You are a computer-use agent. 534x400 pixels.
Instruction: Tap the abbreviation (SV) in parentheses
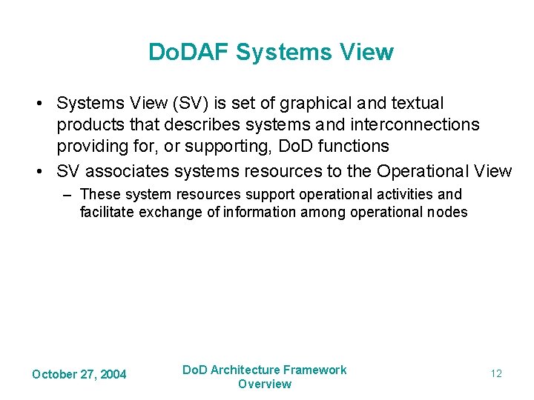point(191,103)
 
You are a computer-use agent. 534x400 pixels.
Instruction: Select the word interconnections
point(406,124)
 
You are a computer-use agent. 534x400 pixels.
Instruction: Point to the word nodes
point(448,212)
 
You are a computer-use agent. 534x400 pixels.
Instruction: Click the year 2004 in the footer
point(113,374)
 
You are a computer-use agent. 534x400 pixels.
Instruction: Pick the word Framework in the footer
point(315,370)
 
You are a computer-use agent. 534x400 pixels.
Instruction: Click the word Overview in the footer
point(265,384)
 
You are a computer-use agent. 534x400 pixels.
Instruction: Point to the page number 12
point(496,373)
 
